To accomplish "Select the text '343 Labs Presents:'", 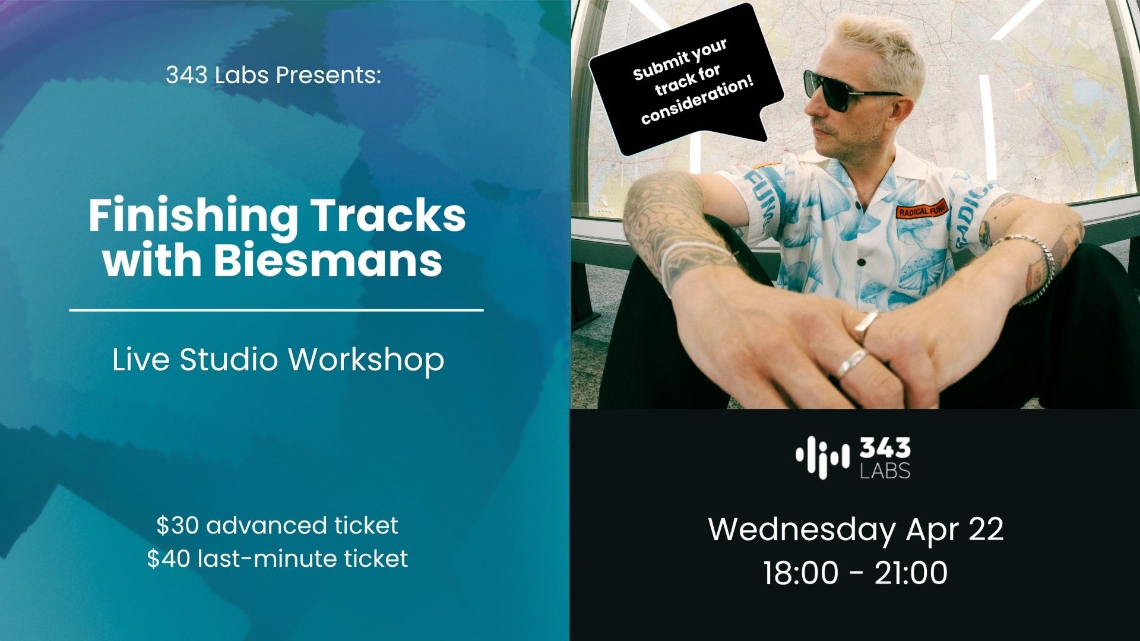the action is click(273, 75).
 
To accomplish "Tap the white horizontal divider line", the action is click(276, 310).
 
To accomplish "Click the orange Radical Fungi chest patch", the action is click(922, 210).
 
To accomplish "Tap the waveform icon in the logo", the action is click(822, 457).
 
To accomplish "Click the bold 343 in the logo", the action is click(885, 449).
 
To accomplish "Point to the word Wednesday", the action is click(802, 529).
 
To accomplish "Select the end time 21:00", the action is click(911, 573).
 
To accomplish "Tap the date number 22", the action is click(986, 529).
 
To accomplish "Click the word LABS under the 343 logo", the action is click(885, 471).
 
